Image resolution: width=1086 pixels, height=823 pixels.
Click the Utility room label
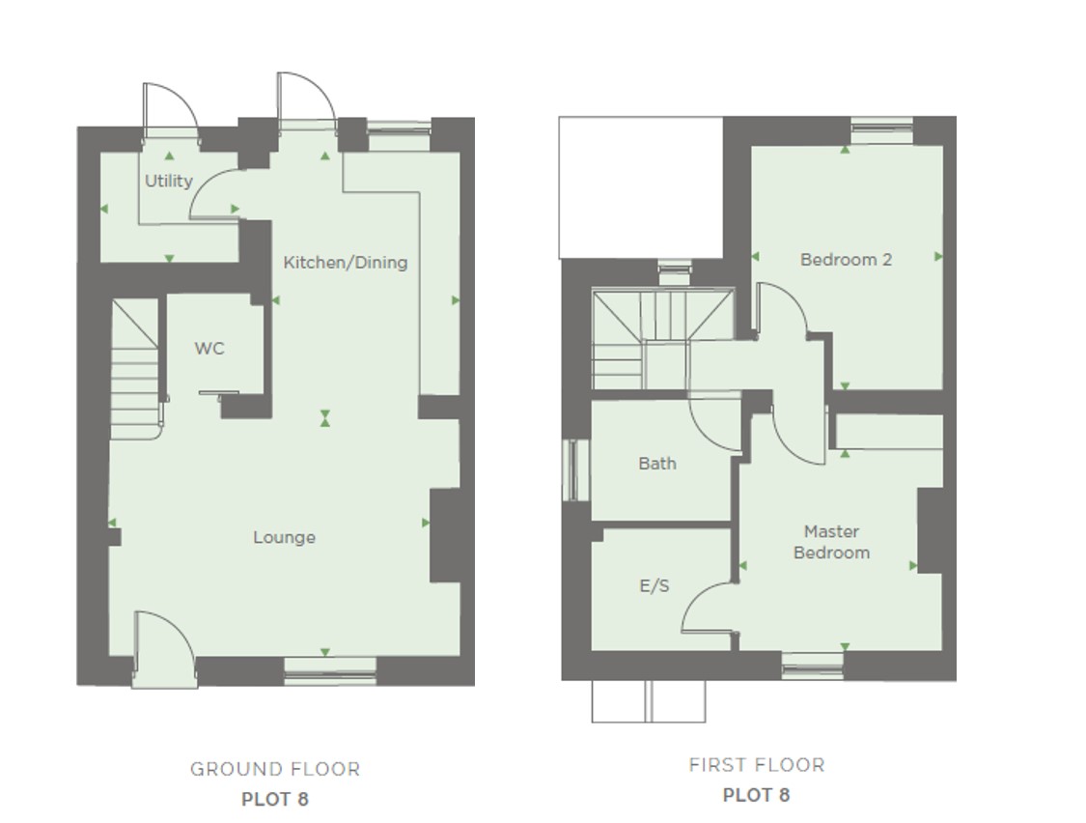169,181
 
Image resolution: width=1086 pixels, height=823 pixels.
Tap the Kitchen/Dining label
345,262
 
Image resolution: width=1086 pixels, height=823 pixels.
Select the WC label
209,348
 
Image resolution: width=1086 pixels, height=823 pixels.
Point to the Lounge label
284,537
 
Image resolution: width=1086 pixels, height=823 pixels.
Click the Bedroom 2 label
846,259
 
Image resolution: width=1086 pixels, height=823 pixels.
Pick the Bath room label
657,464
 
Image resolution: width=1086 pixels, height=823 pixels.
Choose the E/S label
654,585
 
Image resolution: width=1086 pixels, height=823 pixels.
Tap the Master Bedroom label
831,542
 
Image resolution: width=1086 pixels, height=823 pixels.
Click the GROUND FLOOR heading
275,770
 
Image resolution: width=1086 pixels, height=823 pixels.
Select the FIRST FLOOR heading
757,765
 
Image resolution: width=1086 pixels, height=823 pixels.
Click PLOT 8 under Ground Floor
275,799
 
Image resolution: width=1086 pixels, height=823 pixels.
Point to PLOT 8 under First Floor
757,795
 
